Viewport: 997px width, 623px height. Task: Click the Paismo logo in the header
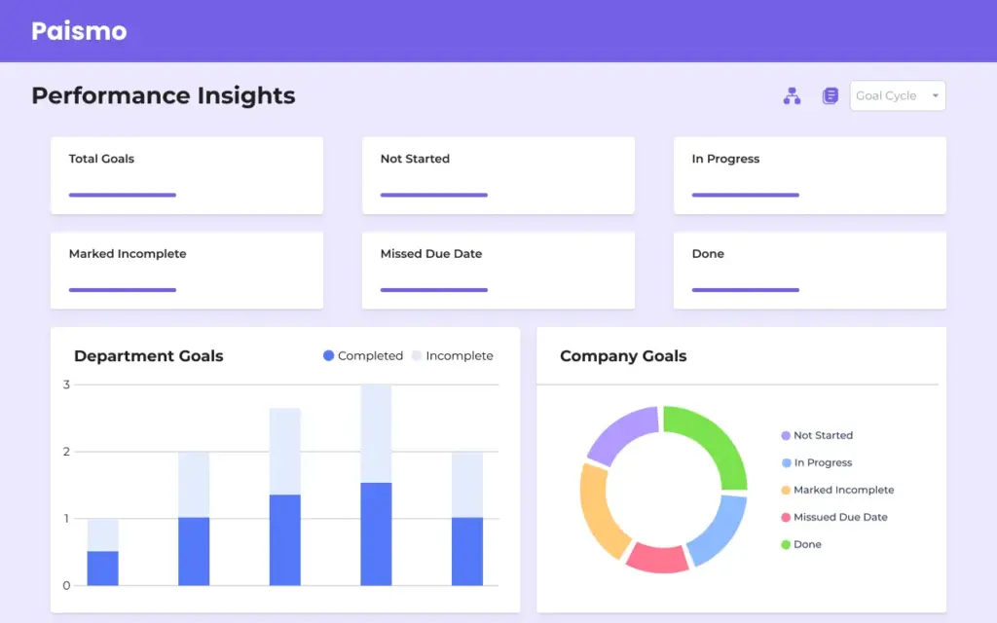[79, 31]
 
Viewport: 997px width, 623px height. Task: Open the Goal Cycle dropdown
[897, 95]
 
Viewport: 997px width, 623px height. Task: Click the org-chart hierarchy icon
[792, 95]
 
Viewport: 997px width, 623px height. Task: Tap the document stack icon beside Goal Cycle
[830, 95]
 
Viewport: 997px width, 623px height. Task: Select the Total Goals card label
[101, 159]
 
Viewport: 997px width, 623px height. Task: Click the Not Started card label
[415, 159]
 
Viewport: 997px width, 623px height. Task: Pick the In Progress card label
[725, 159]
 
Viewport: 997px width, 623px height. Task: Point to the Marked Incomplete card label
[128, 254]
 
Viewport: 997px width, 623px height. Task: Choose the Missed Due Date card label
[431, 254]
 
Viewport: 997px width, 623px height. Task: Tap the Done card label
[708, 254]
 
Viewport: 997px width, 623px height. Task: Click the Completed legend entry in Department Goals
[362, 356]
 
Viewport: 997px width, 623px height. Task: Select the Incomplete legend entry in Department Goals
[452, 356]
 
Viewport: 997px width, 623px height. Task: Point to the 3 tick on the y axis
[66, 385]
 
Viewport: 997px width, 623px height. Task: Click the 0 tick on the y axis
[66, 586]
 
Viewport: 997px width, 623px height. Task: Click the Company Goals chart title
[623, 356]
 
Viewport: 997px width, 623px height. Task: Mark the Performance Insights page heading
[163, 95]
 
